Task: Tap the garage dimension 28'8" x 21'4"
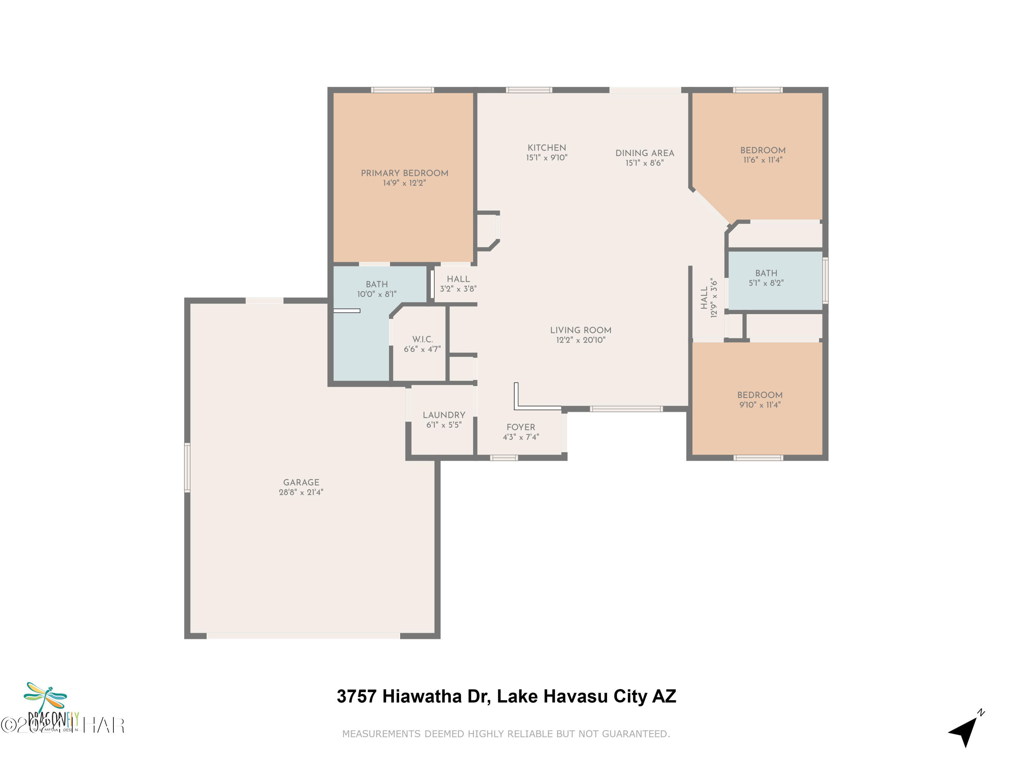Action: [x=301, y=492]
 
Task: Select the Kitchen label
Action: [x=546, y=148]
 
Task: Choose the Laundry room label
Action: [x=443, y=415]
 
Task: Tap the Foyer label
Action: [x=521, y=427]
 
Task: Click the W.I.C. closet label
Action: [x=422, y=339]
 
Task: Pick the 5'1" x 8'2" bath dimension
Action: [x=766, y=283]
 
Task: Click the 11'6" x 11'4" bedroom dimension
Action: [x=762, y=160]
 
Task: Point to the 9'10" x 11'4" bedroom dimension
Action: [x=759, y=405]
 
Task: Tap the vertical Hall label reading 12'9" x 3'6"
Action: [x=708, y=298]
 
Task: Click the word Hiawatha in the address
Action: [x=422, y=696]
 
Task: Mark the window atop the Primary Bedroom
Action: [x=402, y=90]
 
